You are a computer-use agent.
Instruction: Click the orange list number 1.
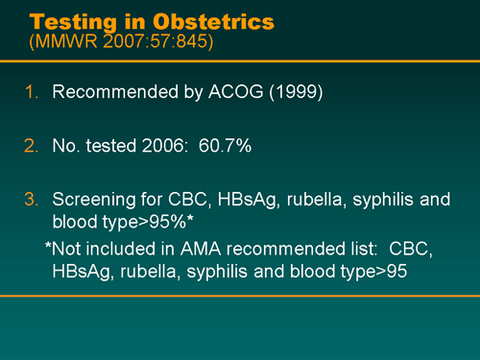coord(31,93)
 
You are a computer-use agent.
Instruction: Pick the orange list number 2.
coord(31,148)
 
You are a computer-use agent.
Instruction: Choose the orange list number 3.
coord(31,202)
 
